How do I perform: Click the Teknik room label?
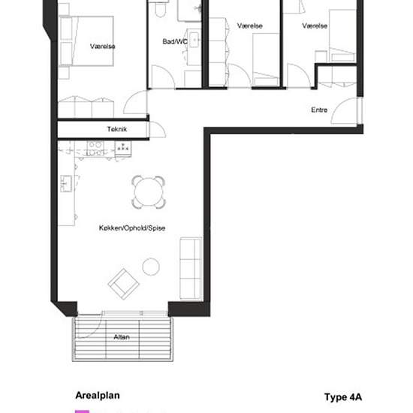point(117,129)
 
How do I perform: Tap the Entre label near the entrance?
point(319,110)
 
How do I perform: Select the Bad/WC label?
point(175,41)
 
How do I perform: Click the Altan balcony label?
point(122,337)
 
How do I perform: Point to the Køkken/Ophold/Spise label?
point(132,228)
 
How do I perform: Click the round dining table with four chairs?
point(149,192)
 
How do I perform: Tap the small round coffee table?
point(151,267)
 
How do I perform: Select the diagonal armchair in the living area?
point(124,284)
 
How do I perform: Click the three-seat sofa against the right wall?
point(191,268)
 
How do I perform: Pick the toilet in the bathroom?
point(160,10)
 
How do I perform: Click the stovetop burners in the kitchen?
point(95,149)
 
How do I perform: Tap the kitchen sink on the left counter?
point(66,183)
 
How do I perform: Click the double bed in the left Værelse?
point(86,41)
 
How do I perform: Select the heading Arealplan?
point(98,395)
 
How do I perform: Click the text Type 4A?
point(343,397)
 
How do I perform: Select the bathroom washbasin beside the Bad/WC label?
point(194,40)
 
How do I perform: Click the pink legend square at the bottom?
point(82,411)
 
